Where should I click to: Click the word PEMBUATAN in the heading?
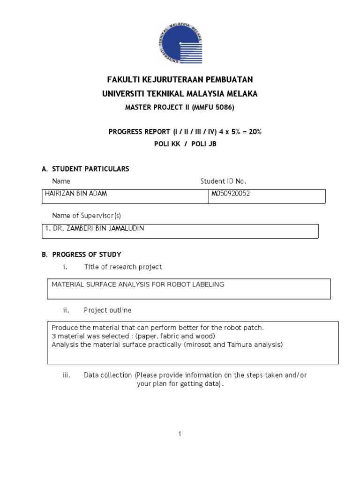226,80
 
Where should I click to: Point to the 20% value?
255,132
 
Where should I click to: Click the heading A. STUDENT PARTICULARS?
85,169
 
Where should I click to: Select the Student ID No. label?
223,181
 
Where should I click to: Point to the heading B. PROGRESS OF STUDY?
82,255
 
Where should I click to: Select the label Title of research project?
123,267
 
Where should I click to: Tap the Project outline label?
107,310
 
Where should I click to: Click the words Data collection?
108,375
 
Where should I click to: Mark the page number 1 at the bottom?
180,434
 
